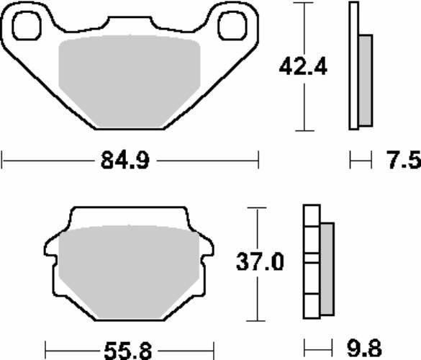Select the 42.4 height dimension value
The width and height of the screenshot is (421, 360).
[x=304, y=67]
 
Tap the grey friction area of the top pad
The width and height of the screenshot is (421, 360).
[x=130, y=79]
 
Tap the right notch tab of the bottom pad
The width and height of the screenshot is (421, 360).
[x=206, y=248]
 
